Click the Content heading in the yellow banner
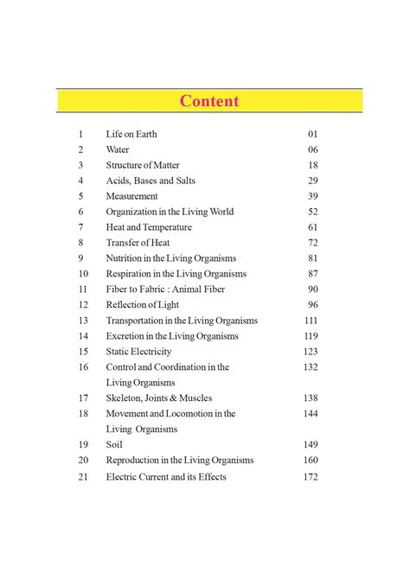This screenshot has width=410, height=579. pos(209,101)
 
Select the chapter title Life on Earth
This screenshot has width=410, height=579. pos(131,134)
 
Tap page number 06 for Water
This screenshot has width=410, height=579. pos(312,150)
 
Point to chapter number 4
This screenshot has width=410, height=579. pos(80,181)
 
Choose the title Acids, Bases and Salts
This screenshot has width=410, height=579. pos(151,181)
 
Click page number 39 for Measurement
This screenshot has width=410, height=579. pos(312,196)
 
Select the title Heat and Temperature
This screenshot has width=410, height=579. pos(149,227)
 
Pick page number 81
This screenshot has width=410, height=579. pos(312,258)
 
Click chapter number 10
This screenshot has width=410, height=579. pos(82,274)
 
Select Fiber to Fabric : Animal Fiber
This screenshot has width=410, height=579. pos(163,289)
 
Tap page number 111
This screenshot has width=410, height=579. pos(311,321)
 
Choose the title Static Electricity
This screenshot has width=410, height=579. pos(138,352)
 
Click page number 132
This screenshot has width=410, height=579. pos(311,367)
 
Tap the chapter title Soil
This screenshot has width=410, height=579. pos(114,445)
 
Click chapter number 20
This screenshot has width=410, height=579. pos(82,461)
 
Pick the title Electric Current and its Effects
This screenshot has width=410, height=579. pos(166,477)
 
